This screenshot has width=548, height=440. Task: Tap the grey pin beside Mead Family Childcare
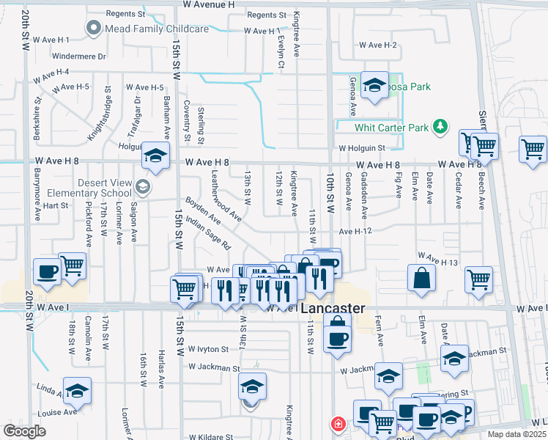coord(94,29)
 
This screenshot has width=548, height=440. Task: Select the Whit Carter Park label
coord(391,128)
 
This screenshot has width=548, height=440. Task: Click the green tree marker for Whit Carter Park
coord(440,127)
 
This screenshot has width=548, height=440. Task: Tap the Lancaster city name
coord(333,309)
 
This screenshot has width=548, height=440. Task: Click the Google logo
coord(25,431)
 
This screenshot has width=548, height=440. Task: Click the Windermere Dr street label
coord(80,56)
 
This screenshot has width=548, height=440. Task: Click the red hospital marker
coord(338,424)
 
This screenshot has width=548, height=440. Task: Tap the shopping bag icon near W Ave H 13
coord(422,278)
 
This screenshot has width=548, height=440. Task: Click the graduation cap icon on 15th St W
coord(155,155)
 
